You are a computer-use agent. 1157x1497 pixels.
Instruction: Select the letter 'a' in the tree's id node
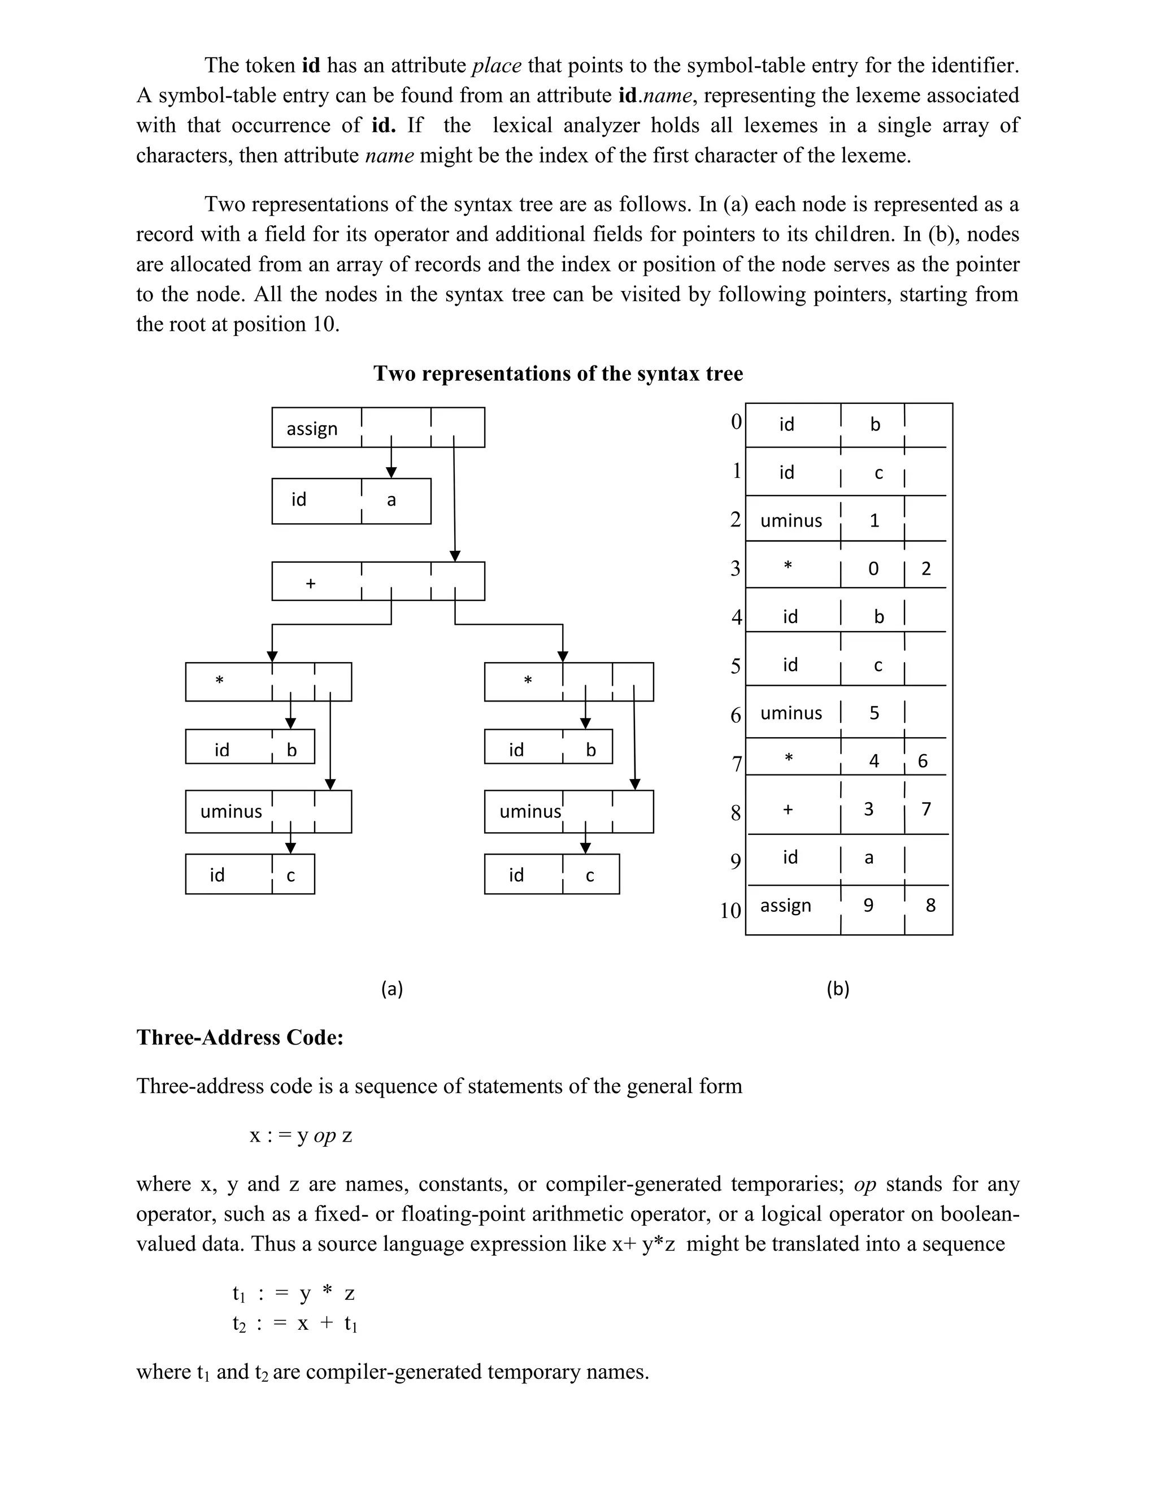[392, 501]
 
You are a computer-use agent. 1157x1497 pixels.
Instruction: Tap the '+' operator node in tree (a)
[311, 584]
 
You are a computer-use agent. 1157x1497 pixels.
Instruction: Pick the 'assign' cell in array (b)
[785, 906]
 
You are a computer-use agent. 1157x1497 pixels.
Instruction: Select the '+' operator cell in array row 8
[788, 810]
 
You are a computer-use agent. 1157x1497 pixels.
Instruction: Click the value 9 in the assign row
[868, 906]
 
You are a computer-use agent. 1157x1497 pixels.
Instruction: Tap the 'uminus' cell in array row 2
[791, 520]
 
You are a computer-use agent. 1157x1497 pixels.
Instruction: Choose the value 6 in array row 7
[923, 761]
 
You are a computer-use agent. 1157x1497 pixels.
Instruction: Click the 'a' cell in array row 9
[869, 858]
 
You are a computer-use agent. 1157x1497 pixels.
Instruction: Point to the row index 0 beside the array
[736, 421]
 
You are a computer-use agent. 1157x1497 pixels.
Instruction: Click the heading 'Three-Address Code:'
[240, 1037]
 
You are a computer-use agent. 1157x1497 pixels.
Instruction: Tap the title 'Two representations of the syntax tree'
[558, 373]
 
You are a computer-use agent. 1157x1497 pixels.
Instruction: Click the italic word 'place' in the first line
[496, 65]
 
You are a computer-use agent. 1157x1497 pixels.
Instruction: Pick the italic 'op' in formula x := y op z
[324, 1136]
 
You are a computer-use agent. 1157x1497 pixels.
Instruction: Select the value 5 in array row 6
[875, 713]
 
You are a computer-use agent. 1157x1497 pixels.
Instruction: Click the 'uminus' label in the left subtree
[231, 812]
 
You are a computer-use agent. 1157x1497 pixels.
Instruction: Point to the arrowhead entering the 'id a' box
[392, 472]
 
